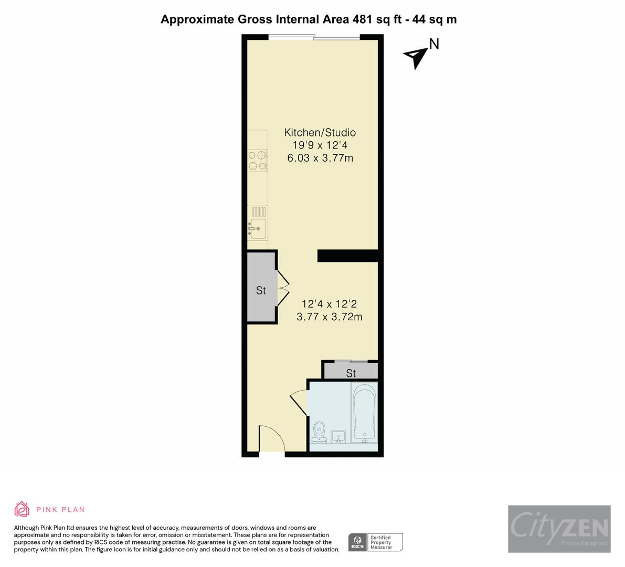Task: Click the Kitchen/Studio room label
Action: [320, 132]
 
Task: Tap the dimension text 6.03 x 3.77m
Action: [320, 158]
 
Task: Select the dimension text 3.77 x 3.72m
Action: [329, 317]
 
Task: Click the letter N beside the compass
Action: [434, 44]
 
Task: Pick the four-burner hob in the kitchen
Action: [258, 160]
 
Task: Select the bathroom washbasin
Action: [338, 436]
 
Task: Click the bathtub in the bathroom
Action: [364, 413]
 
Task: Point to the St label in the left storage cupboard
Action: [261, 290]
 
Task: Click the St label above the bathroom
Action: [351, 373]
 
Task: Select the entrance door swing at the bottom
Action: [271, 438]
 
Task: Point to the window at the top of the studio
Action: [314, 37]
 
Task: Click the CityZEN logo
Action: [559, 529]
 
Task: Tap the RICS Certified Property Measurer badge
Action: [376, 542]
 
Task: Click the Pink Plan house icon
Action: [22, 509]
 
